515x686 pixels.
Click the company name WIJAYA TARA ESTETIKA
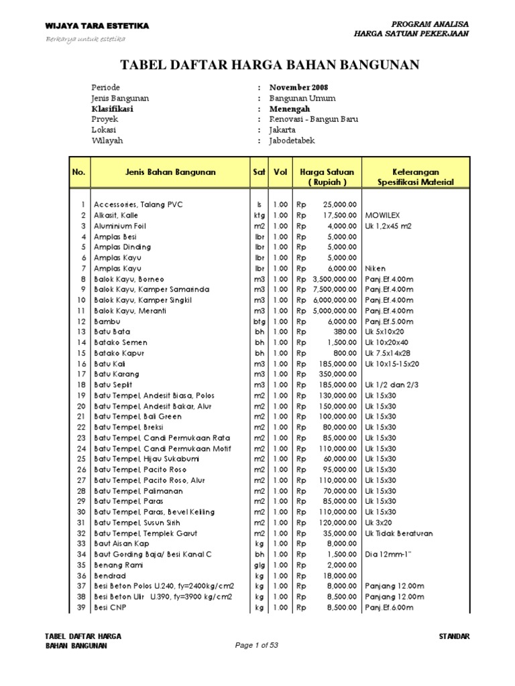click(97, 26)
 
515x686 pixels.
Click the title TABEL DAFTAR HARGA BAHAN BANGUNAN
click(269, 64)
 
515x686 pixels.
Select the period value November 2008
click(299, 88)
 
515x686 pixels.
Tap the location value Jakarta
click(282, 130)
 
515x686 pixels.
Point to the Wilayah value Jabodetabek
click(292, 141)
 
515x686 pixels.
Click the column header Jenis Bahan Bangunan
click(170, 172)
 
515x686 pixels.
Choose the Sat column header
click(259, 172)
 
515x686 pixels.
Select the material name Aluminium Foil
click(120, 226)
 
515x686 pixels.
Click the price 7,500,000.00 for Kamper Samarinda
click(335, 289)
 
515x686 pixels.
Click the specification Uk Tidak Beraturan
click(400, 533)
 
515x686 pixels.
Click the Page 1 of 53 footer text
click(257, 645)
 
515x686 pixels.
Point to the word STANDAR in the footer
click(454, 635)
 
